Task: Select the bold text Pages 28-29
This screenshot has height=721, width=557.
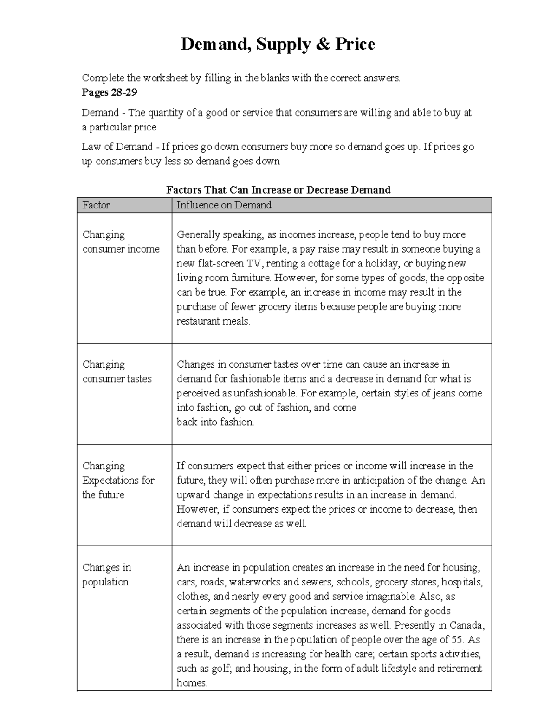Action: pos(110,92)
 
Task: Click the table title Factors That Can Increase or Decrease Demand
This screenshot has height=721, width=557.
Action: pos(278,190)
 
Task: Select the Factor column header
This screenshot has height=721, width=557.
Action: pos(96,205)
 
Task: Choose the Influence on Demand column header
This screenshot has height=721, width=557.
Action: pos(224,205)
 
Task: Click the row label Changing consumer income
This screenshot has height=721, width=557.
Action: pos(121,242)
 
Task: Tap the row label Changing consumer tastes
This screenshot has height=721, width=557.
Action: pos(117,371)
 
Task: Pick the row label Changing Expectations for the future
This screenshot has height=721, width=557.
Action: pos(118,480)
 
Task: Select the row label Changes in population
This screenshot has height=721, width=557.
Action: pos(106,574)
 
